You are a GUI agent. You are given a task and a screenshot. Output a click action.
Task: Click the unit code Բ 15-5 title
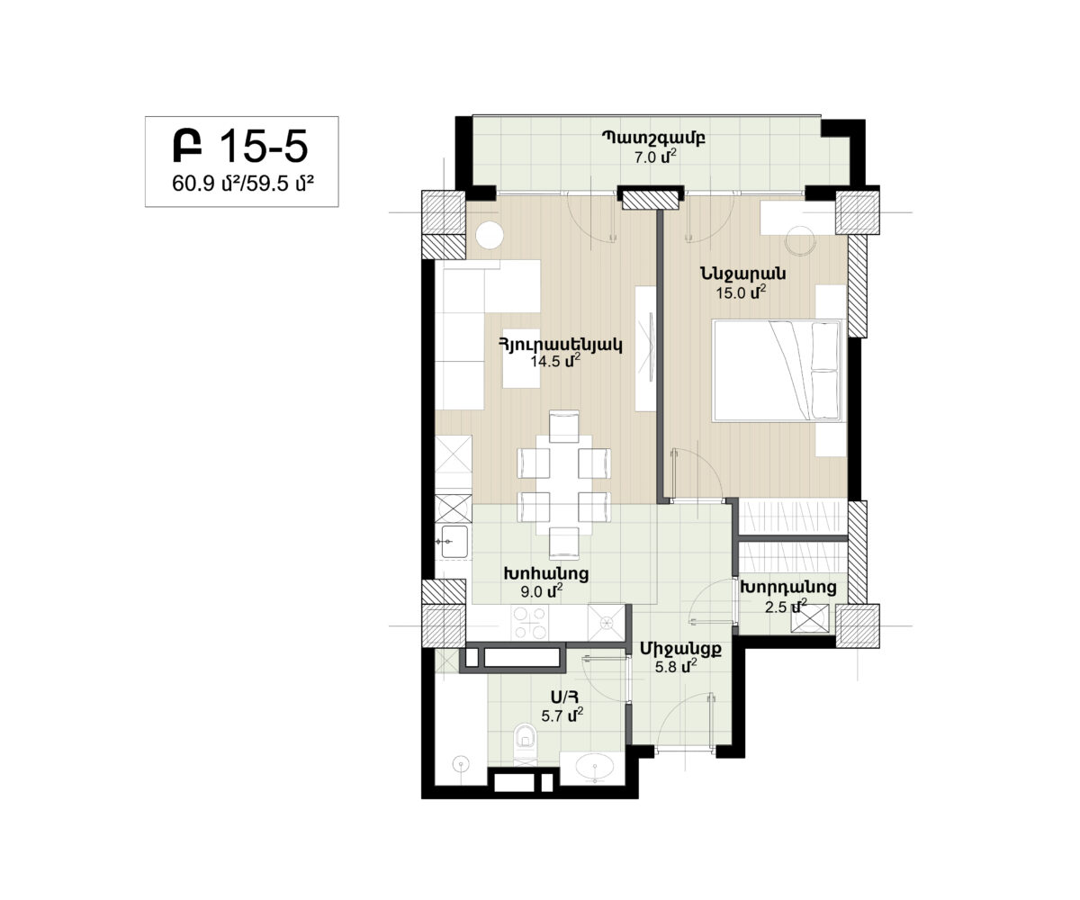pos(240,146)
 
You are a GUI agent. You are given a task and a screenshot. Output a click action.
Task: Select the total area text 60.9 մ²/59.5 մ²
pos(243,184)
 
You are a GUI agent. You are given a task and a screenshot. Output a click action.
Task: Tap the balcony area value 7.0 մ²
pos(655,157)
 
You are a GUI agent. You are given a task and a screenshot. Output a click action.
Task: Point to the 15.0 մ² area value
pos(741,292)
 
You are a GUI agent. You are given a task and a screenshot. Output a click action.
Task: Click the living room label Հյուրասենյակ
pos(560,345)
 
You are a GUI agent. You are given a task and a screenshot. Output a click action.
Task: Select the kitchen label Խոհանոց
pos(546,573)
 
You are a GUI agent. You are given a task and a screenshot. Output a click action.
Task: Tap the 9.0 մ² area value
pos(542,591)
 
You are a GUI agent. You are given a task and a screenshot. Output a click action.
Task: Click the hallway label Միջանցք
pos(680,649)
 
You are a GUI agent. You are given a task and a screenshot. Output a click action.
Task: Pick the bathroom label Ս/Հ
pos(562,697)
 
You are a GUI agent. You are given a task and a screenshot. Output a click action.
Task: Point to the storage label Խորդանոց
pos(788,588)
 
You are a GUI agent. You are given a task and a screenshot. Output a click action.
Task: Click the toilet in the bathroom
pos(526,743)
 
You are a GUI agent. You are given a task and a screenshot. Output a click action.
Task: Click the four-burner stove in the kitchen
pos(530,622)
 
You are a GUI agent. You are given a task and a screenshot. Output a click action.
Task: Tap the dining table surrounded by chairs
pos(564,485)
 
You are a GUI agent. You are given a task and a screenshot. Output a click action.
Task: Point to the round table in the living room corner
pos(490,235)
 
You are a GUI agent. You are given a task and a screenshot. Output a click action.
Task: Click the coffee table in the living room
pos(521,358)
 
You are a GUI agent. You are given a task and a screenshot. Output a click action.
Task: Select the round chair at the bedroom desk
pos(800,240)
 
